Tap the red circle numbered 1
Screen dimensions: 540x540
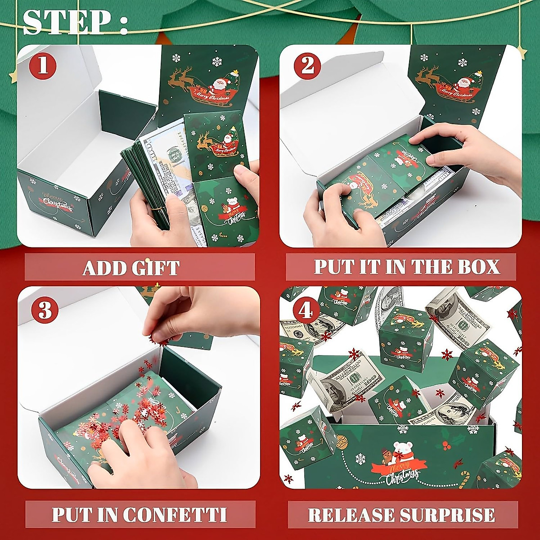point(43,66)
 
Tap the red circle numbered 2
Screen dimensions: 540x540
point(307,66)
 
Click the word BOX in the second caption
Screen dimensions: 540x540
point(479,266)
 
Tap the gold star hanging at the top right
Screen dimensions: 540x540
point(521,52)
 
